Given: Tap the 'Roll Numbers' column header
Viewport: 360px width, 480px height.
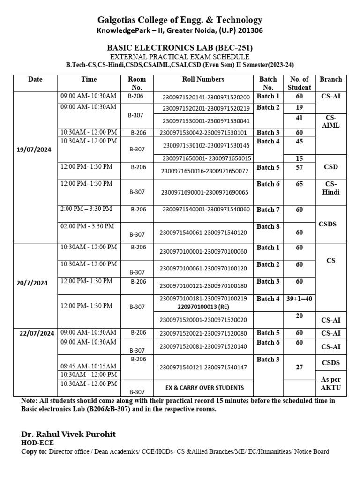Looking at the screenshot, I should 203,80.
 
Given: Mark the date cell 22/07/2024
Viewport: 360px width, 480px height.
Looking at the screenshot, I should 37,333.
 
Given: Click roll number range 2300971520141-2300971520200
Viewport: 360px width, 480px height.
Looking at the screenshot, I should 206,97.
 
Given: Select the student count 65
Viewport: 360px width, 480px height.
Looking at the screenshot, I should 299,184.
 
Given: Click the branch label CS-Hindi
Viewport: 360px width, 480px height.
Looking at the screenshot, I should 330,188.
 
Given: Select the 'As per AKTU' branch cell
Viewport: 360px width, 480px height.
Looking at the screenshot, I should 330,383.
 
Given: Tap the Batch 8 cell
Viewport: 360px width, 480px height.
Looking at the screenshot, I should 268,227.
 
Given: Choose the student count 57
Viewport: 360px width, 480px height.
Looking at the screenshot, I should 299,167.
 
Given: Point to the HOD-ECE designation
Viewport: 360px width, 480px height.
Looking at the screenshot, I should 37,442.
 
